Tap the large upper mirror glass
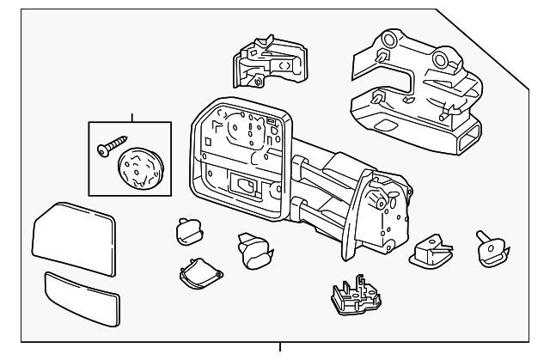75,237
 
